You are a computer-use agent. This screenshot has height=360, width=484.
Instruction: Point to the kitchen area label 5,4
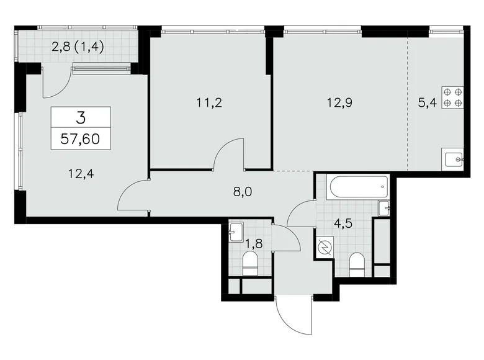pyautogui.click(x=426, y=104)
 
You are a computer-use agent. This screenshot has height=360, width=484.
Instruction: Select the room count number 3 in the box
pyautogui.click(x=80, y=117)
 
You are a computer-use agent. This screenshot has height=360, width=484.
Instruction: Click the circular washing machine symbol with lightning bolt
pyautogui.click(x=323, y=248)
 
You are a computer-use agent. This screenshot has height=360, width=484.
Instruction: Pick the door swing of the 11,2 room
pyautogui.click(x=230, y=154)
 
